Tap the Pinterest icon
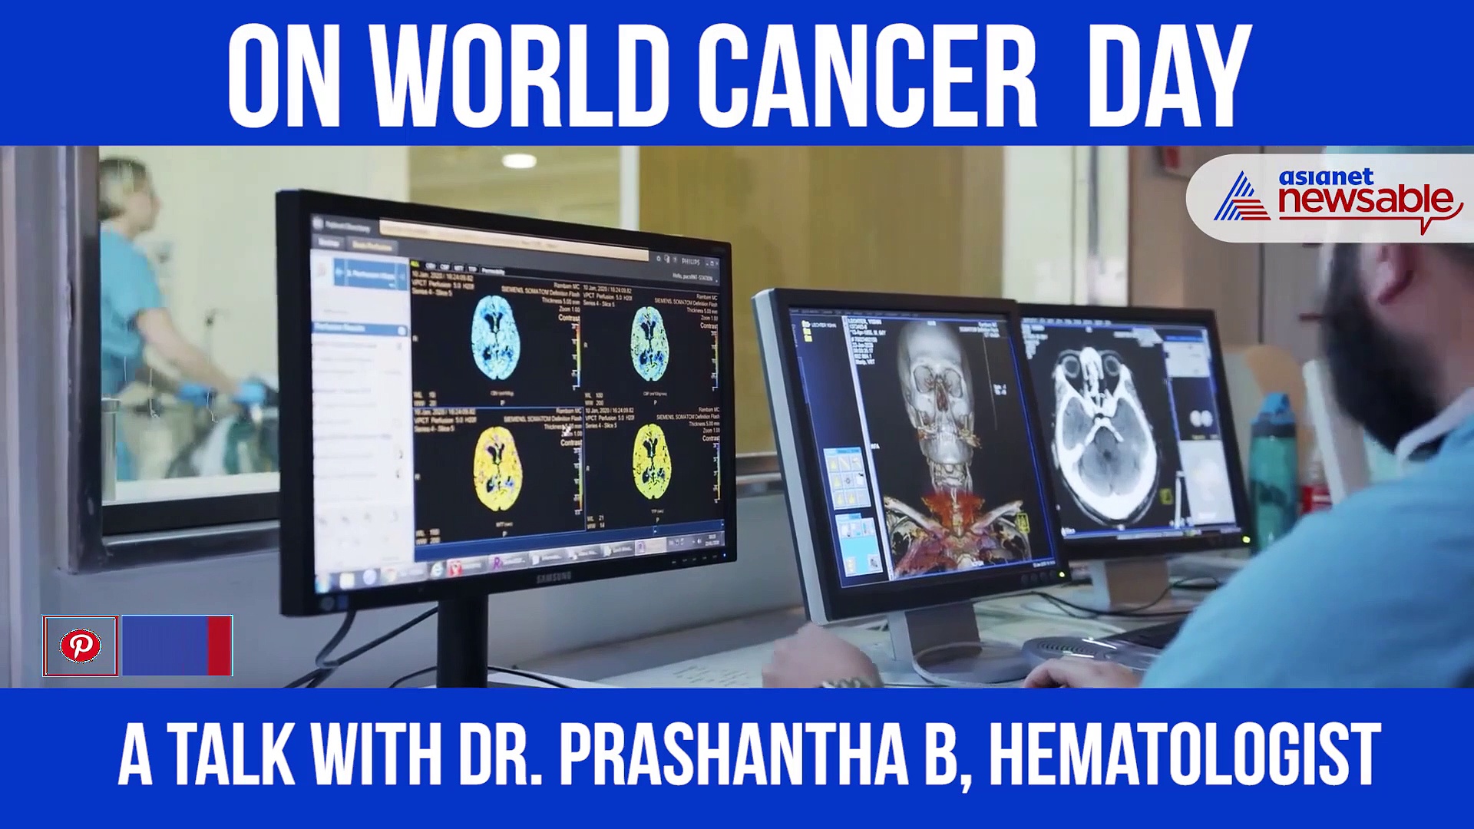point(81,646)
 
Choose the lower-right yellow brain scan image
point(652,462)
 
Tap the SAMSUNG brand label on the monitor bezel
point(554,576)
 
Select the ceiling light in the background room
point(520,160)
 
